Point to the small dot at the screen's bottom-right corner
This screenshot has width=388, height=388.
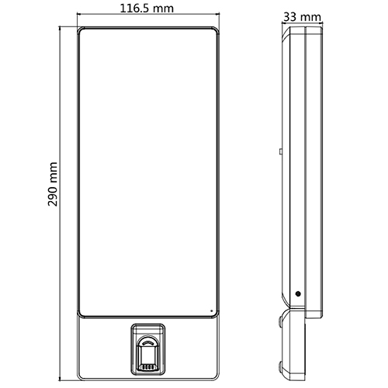coord(210,311)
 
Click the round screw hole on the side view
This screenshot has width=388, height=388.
coord(297,294)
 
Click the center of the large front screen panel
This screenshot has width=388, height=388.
coord(148,171)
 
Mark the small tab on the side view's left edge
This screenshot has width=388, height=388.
coord(281,147)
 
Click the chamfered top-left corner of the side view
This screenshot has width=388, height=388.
coord(286,31)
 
